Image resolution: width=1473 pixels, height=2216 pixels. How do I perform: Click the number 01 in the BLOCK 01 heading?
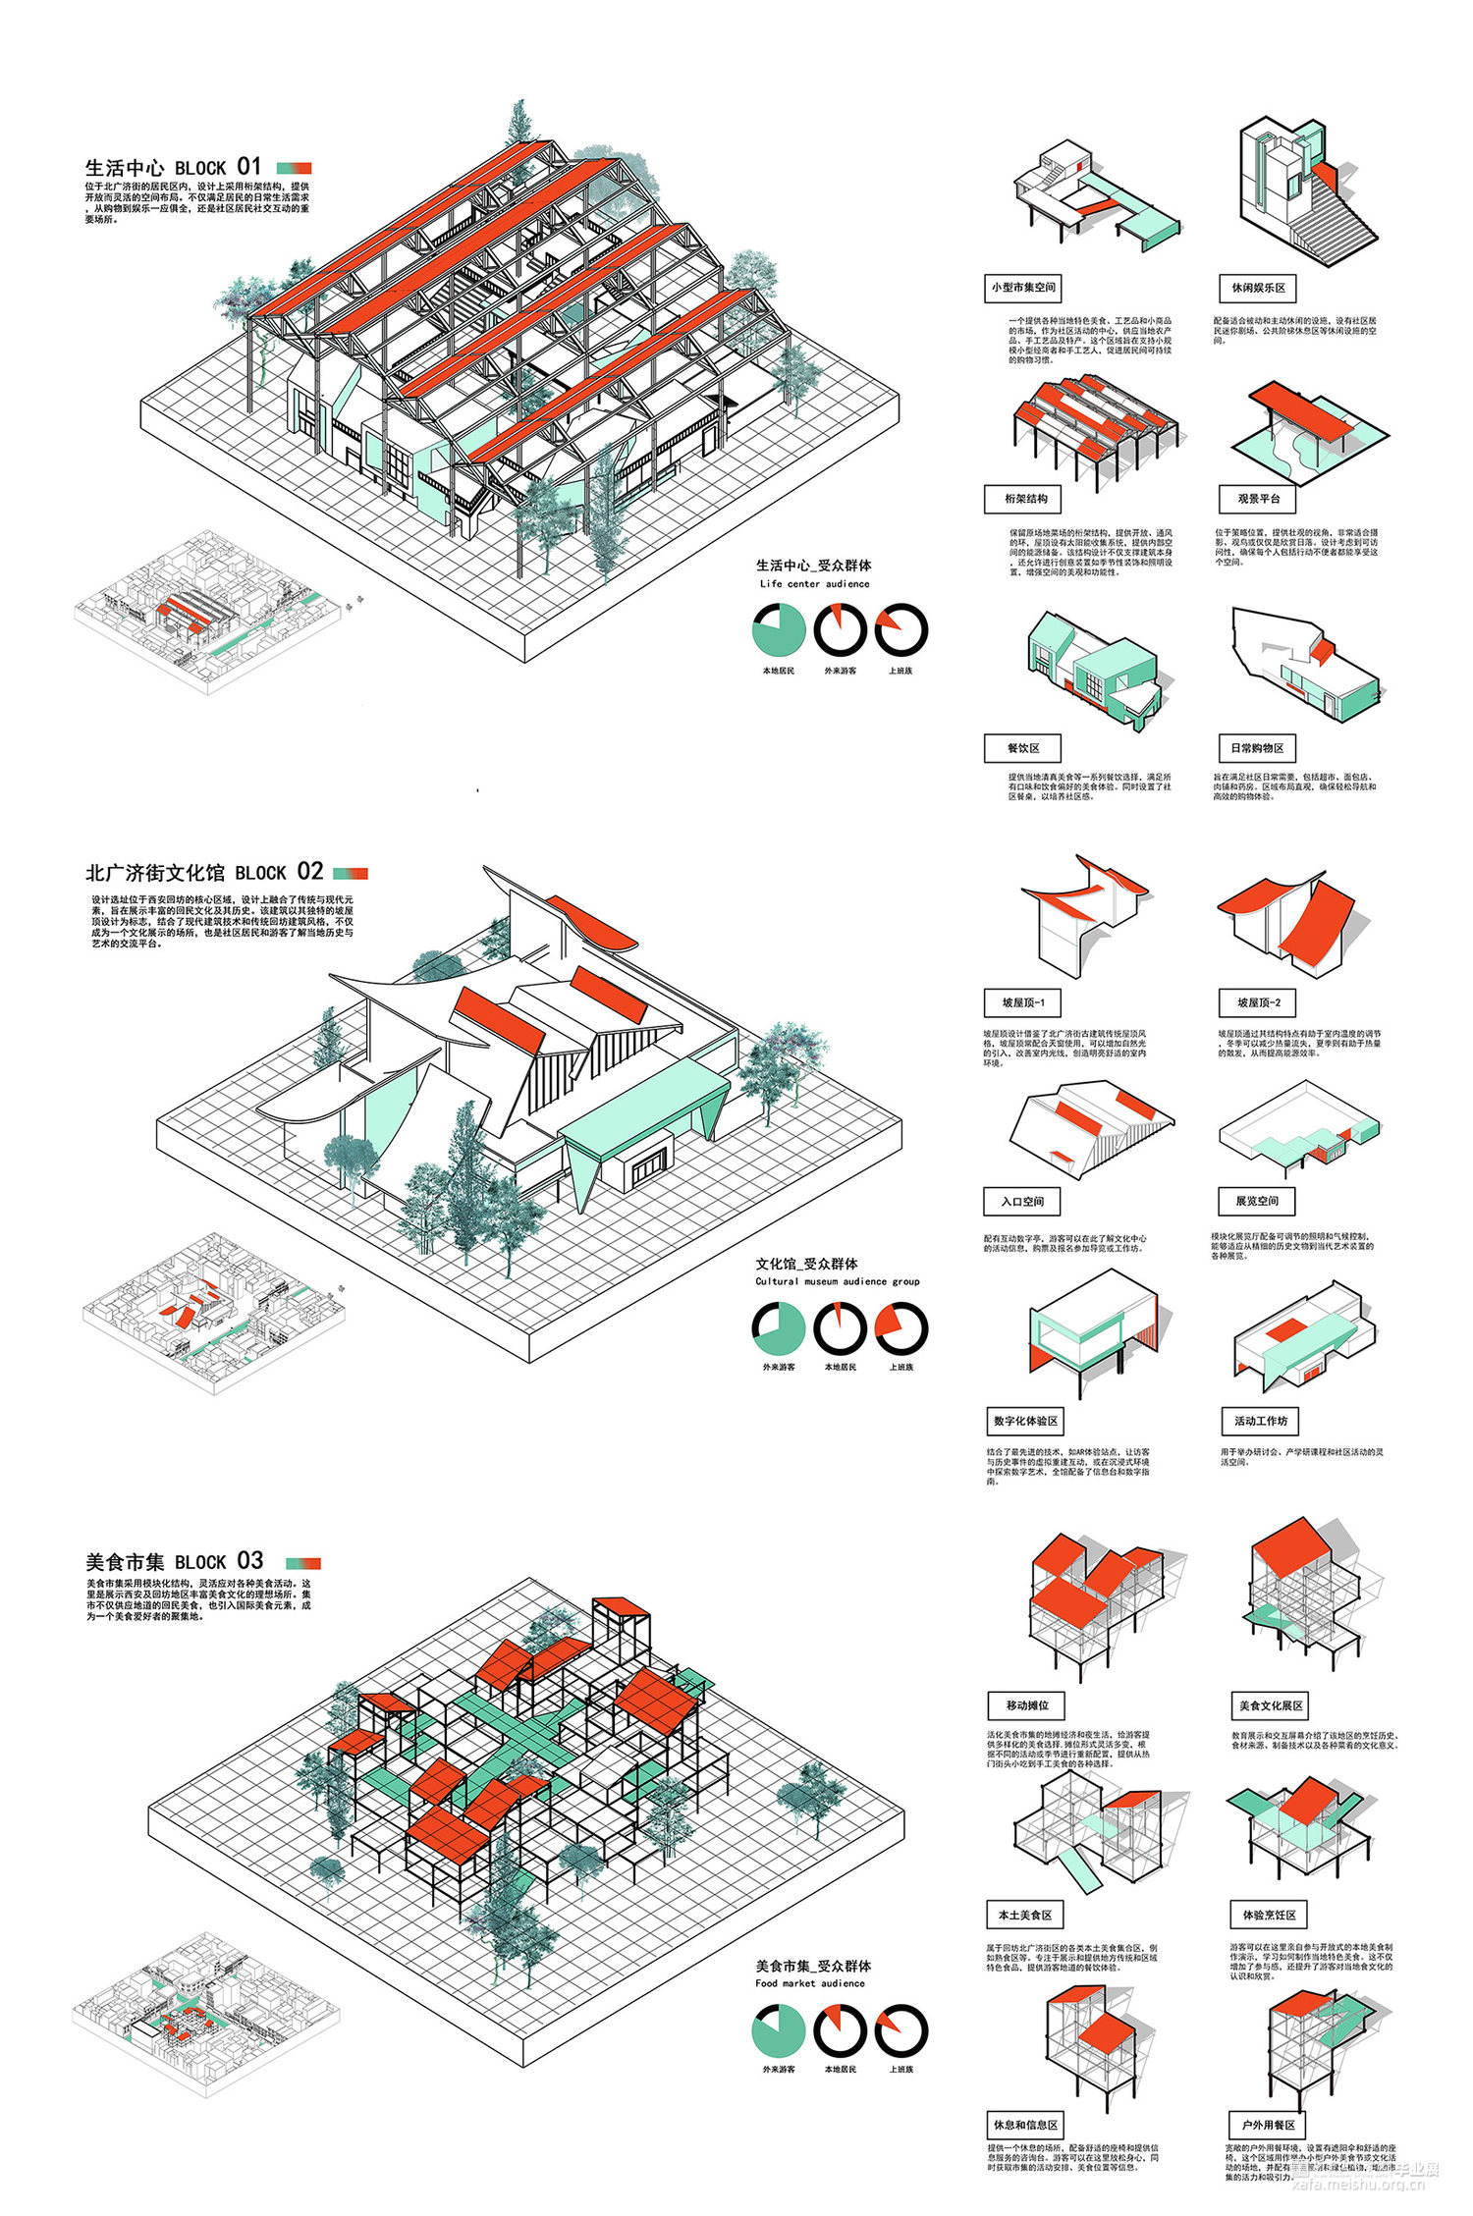point(249,166)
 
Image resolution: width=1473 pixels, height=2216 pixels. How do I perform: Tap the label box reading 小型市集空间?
point(1023,288)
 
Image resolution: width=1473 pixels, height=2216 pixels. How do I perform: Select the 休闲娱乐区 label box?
point(1258,288)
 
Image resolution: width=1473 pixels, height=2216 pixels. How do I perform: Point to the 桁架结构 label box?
point(1025,499)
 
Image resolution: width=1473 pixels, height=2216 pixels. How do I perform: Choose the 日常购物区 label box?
point(1258,748)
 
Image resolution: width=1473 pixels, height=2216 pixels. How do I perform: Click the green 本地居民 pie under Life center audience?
point(779,629)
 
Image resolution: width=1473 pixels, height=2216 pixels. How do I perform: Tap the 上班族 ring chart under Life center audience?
point(900,629)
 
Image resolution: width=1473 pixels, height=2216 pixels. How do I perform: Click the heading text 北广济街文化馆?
point(155,873)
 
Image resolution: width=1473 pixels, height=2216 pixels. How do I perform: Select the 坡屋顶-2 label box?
point(1258,1002)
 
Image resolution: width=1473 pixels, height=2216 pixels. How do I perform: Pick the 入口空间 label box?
point(1022,1202)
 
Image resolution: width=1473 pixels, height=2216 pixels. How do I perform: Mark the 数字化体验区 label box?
point(1025,1421)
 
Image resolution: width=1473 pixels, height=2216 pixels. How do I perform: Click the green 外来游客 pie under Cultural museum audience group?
point(779,1327)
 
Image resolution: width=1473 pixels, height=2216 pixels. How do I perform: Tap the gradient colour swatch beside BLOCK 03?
point(303,1562)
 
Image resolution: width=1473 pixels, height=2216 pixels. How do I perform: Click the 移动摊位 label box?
point(1027,1705)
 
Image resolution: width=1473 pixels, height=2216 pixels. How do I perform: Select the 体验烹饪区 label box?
point(1269,1915)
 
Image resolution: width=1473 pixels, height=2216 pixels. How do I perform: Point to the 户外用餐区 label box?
point(1268,2125)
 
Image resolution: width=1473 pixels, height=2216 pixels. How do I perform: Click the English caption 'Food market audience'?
point(810,1982)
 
